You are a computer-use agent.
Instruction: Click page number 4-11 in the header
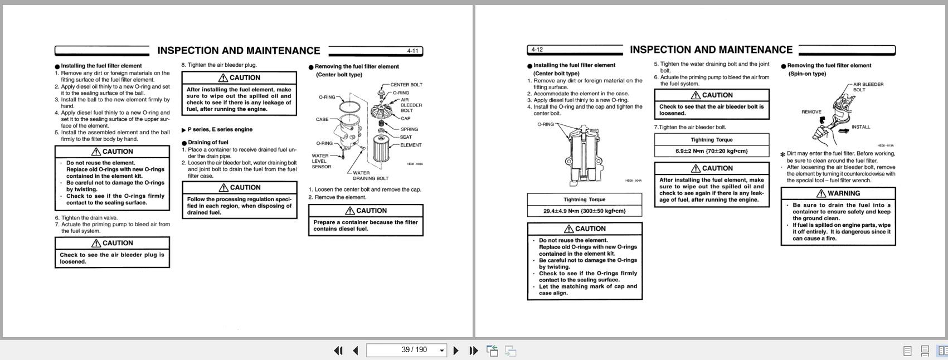(412, 51)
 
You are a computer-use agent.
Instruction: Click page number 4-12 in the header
(537, 50)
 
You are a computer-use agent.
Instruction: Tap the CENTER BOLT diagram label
(406, 85)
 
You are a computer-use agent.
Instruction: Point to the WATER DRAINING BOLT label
(370, 176)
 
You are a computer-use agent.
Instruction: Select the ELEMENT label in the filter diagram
(411, 145)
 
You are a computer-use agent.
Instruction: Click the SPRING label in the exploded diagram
(409, 129)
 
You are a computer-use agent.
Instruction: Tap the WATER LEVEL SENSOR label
(321, 161)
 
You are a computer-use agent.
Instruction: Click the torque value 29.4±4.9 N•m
(584, 211)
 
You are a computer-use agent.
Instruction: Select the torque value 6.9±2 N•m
(711, 151)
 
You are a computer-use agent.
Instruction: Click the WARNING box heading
(838, 193)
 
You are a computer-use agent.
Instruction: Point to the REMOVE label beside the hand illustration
(811, 112)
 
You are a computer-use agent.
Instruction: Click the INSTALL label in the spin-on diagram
(860, 127)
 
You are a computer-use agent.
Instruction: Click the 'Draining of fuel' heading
(207, 142)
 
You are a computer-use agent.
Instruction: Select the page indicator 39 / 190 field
(406, 350)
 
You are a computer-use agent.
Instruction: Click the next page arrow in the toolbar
(456, 351)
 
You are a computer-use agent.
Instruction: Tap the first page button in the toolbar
(338, 351)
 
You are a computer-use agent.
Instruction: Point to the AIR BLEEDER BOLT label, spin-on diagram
(868, 87)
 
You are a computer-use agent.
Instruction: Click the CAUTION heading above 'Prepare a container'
(366, 211)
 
